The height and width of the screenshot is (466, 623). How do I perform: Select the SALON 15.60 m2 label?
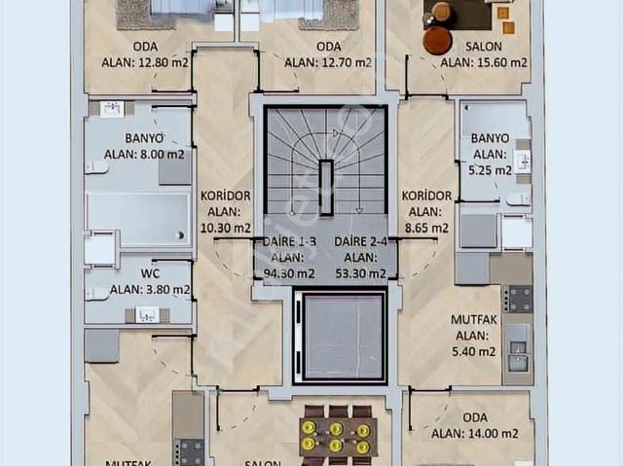click(x=483, y=54)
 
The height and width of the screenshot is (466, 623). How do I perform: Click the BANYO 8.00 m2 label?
click(x=144, y=146)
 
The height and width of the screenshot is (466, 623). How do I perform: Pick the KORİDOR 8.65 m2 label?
click(x=427, y=211)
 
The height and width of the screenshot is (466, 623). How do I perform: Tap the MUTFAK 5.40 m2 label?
click(x=476, y=335)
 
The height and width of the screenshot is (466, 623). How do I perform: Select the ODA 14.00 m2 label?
click(x=475, y=426)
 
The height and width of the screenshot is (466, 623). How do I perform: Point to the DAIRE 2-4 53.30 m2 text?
click(x=360, y=257)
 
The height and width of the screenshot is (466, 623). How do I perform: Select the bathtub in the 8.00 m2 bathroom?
click(x=138, y=218)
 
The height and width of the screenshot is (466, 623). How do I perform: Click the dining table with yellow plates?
click(x=336, y=431)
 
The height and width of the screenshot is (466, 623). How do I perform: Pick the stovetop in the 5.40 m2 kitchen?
click(x=518, y=298)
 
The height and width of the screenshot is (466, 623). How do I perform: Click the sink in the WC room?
click(x=147, y=314)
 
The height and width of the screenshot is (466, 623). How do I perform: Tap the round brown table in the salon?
click(x=438, y=40)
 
